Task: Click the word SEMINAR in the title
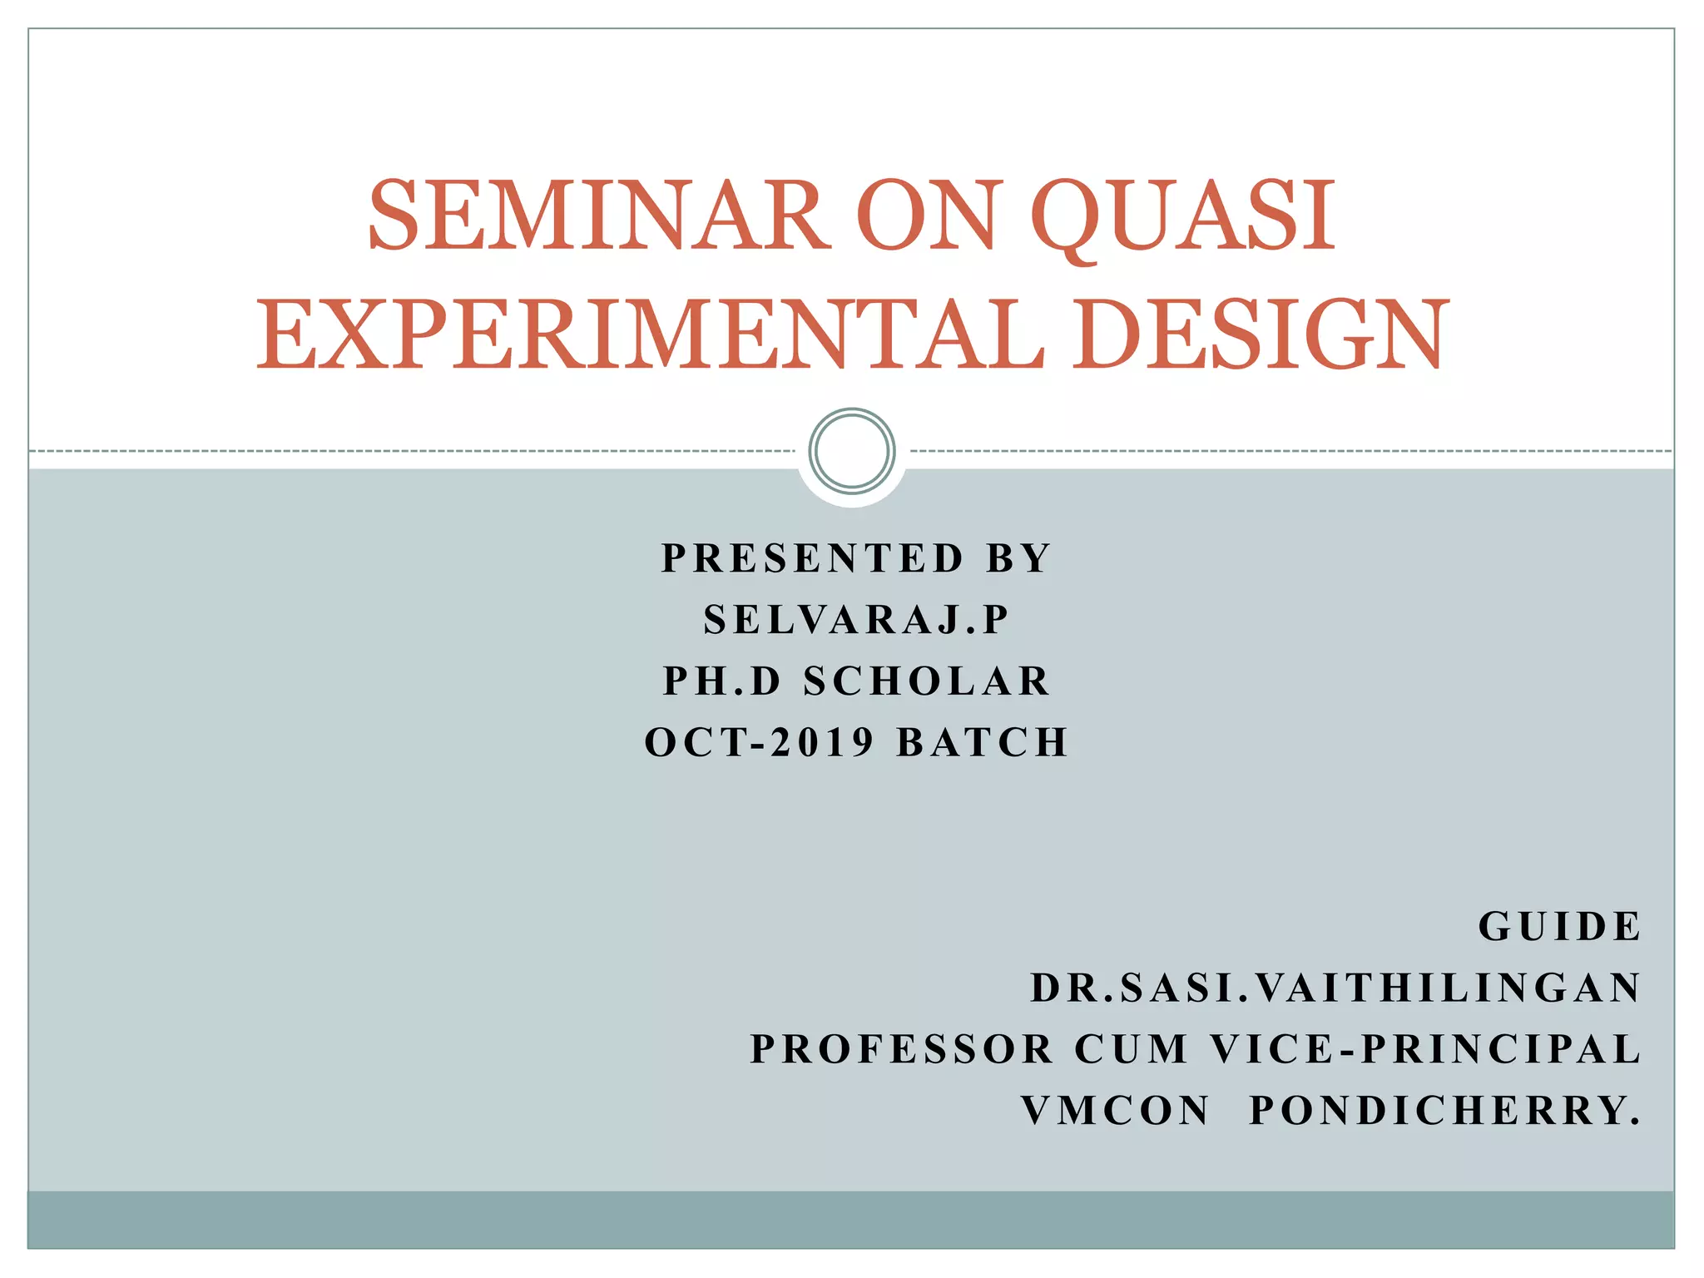coord(599,216)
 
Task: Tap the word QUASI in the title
coord(1183,216)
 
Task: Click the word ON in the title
coord(927,216)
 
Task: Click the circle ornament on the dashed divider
coord(851,450)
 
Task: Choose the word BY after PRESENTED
coord(1019,558)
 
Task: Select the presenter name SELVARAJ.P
coord(856,620)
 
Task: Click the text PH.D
coord(722,681)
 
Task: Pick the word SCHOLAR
coord(928,681)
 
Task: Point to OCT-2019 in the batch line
coord(760,742)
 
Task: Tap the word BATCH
coord(983,742)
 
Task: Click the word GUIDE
coord(1559,927)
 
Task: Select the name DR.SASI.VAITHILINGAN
coord(1335,988)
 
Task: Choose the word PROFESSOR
coord(903,1049)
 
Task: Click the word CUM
coord(1132,1049)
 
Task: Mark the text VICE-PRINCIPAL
coord(1425,1049)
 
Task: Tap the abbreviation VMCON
coord(1116,1111)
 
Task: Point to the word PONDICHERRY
coord(1445,1111)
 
